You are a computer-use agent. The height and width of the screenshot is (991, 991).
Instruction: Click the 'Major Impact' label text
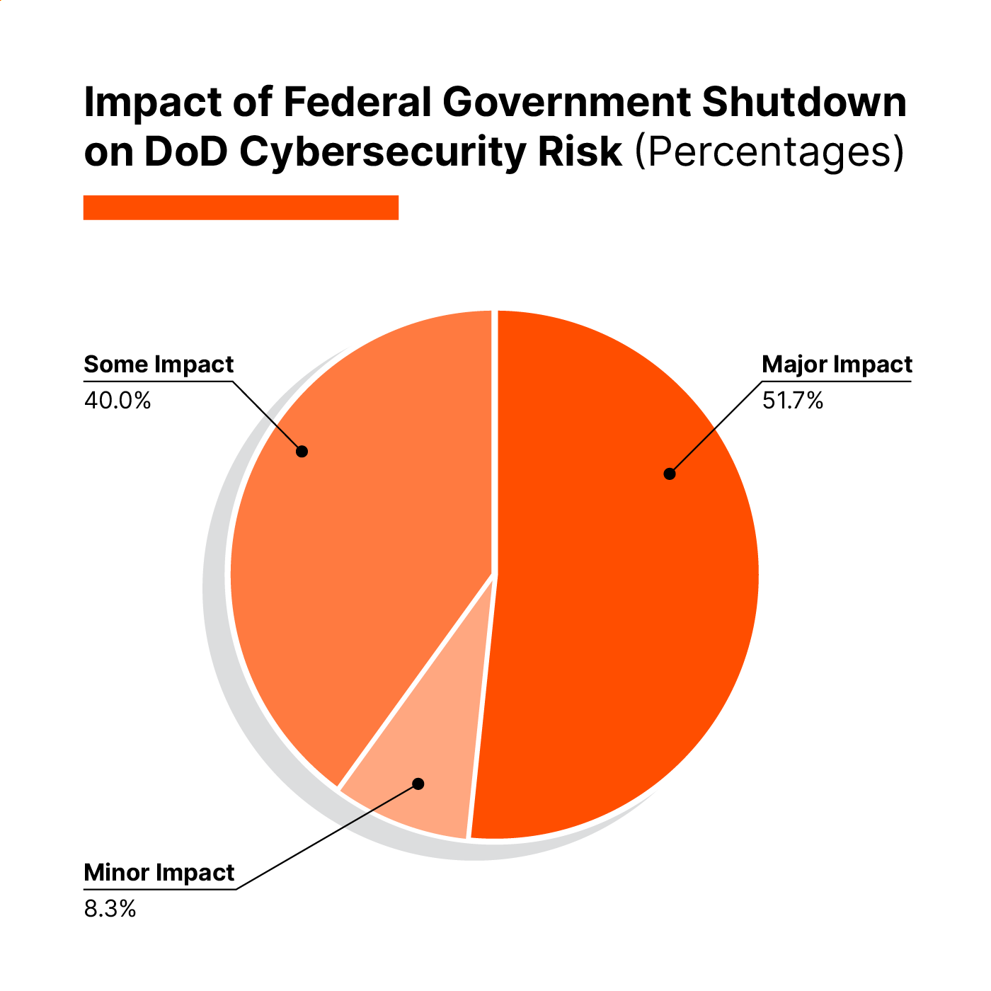click(837, 365)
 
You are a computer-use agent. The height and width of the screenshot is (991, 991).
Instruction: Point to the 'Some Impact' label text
click(159, 365)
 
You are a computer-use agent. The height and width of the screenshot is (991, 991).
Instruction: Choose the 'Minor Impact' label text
click(159, 873)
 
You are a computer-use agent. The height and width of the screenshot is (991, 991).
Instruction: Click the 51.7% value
click(792, 401)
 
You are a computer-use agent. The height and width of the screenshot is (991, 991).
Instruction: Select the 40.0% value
click(118, 401)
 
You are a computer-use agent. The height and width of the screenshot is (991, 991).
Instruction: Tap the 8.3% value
click(110, 909)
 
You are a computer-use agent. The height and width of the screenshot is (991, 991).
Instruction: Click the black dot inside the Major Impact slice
click(670, 474)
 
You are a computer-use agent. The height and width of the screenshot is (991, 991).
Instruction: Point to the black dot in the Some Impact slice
click(302, 451)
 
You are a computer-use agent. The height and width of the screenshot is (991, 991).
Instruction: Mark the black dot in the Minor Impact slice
click(418, 784)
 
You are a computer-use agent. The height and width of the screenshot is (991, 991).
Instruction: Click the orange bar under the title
click(241, 207)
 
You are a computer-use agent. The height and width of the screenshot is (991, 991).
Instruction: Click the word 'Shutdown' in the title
click(804, 103)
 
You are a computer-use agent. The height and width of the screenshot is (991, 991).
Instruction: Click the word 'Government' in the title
click(567, 103)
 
